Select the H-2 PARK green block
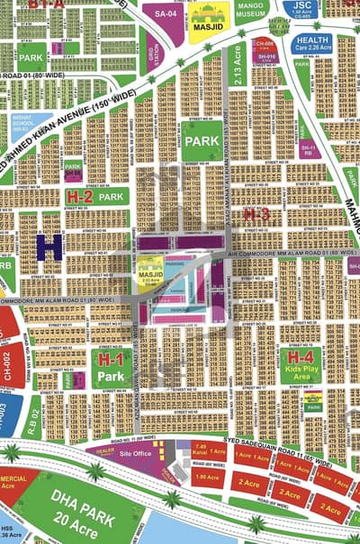94,195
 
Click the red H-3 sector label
256,213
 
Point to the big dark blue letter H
49,247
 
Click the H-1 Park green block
110,369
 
